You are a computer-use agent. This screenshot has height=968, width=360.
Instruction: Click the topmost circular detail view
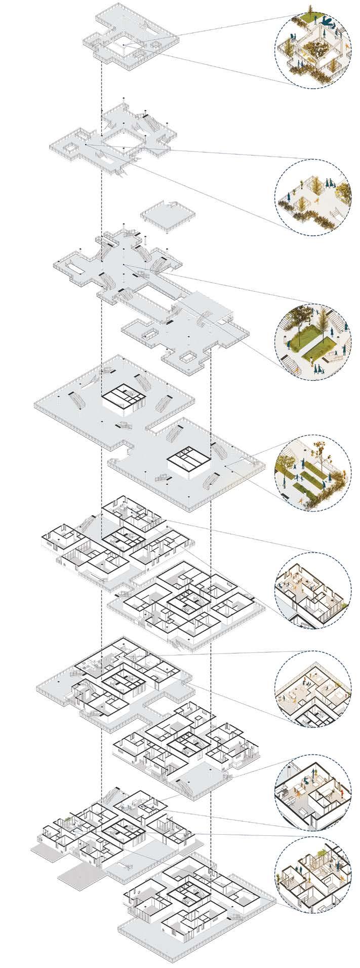point(313,49)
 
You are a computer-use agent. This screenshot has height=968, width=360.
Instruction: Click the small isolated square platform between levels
point(167,215)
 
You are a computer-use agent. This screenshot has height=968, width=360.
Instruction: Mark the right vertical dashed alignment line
point(210,507)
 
